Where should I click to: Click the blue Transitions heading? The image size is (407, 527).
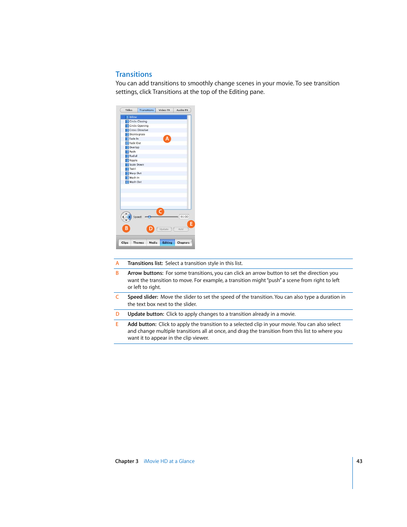[x=134, y=74]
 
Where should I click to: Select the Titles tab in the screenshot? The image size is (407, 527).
[x=129, y=110]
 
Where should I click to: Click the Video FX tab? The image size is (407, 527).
[x=164, y=110]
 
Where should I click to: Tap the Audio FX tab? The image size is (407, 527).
[x=182, y=110]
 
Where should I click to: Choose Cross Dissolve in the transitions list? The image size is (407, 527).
[x=139, y=130]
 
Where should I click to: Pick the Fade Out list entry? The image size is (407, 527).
[x=135, y=143]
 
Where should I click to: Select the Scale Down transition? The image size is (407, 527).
[x=137, y=165]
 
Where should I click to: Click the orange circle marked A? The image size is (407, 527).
[x=167, y=139]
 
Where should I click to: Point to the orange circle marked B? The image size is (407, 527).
[x=126, y=228]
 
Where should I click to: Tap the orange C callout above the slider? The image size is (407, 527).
[x=160, y=212]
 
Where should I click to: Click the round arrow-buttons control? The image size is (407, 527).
[x=126, y=217]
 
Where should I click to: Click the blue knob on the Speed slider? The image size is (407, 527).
[x=149, y=217]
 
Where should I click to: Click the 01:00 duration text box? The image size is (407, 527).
[x=184, y=217]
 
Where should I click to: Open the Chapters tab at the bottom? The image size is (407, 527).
[x=183, y=243]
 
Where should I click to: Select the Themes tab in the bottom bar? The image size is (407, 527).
[x=138, y=243]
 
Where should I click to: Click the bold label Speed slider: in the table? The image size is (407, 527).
[x=143, y=297]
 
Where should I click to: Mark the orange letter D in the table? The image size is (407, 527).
[x=117, y=314]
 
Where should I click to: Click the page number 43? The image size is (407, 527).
[x=359, y=461]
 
